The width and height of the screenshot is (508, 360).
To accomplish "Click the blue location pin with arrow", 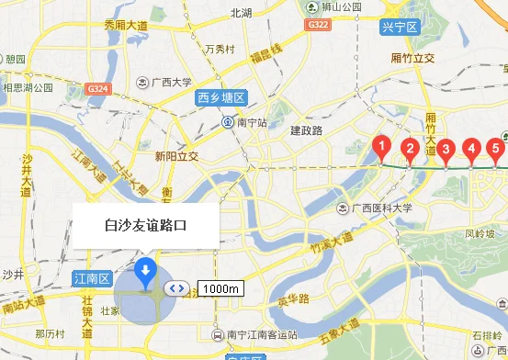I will pos(145,272).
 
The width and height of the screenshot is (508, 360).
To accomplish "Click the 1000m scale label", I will pos(220,288).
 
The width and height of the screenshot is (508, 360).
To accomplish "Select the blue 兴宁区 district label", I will pos(399,28).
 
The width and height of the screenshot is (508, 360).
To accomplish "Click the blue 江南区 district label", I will pos(92,277).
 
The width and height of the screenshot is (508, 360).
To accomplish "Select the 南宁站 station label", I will pos(244,121).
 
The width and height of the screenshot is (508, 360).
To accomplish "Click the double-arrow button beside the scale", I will pos(177,288).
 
